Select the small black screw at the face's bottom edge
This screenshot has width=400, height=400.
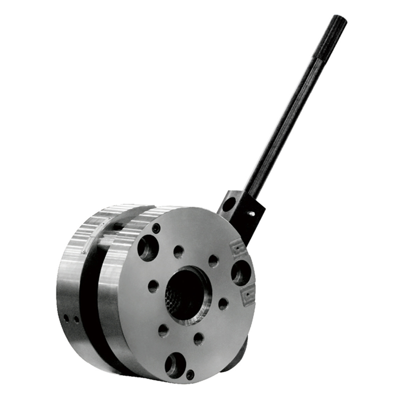(x=190, y=373)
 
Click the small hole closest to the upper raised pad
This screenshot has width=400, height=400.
(x=213, y=260)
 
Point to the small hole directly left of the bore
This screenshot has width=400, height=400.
(x=153, y=286)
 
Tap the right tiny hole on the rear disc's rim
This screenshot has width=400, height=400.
(x=76, y=319)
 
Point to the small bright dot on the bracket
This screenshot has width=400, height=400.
(x=251, y=213)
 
